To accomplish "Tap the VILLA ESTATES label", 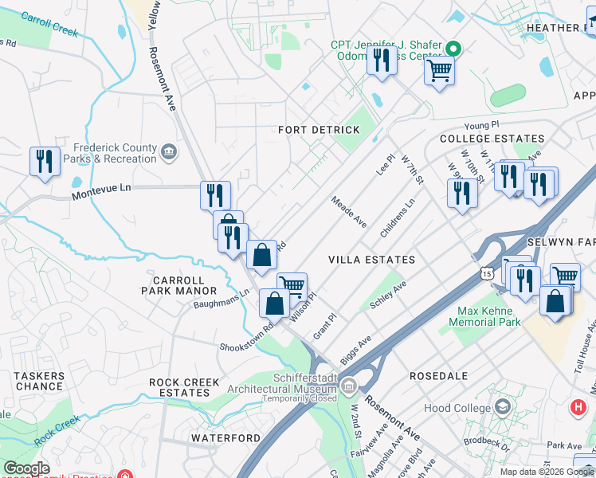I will click(372, 260).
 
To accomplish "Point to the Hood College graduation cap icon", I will click(503, 408).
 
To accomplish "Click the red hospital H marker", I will click(578, 407).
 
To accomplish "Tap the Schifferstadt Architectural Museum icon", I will click(348, 386).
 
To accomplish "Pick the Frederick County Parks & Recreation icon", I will click(168, 151).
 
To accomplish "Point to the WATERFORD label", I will click(225, 438).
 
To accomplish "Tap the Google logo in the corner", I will click(26, 468).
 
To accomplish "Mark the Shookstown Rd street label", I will click(247, 335).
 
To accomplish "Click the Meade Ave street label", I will click(348, 213).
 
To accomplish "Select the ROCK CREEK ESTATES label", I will click(184, 387).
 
